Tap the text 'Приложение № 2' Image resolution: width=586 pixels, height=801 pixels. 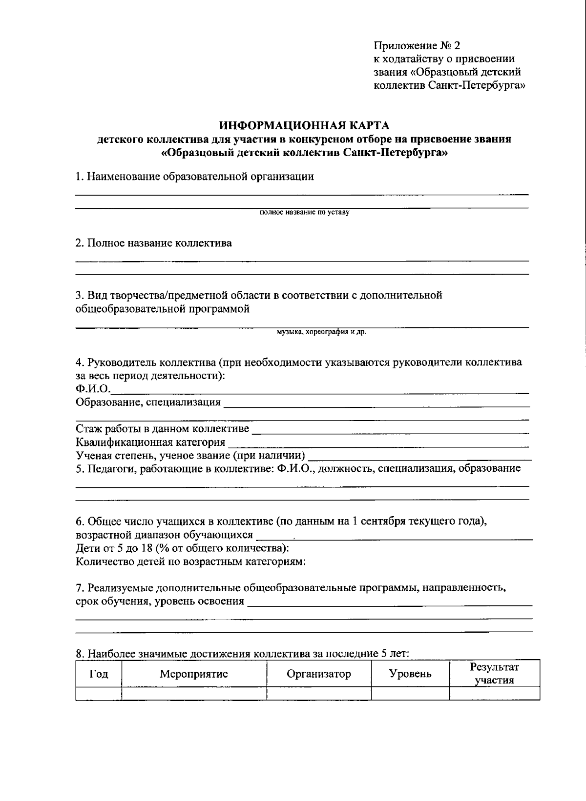tap(417, 46)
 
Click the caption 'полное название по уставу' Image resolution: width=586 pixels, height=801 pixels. tap(304, 213)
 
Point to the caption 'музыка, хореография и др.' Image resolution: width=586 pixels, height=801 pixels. tap(321, 332)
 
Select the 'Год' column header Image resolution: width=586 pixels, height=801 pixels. tap(99, 674)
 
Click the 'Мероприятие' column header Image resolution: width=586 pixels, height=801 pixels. tap(194, 674)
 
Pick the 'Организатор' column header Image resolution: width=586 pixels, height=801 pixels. tap(318, 674)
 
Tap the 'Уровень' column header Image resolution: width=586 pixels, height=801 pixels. tap(410, 674)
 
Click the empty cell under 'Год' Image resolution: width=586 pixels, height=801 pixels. tap(99, 693)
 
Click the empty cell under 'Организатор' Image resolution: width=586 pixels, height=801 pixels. tap(318, 693)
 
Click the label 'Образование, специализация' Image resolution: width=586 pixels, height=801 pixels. tap(148, 403)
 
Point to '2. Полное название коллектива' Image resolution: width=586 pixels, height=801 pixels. tap(153, 243)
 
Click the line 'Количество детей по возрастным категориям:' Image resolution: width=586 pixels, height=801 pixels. tap(190, 561)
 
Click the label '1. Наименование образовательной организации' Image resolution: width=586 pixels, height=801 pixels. tap(194, 177)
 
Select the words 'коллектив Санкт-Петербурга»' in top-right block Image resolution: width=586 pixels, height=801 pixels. tap(450, 86)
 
